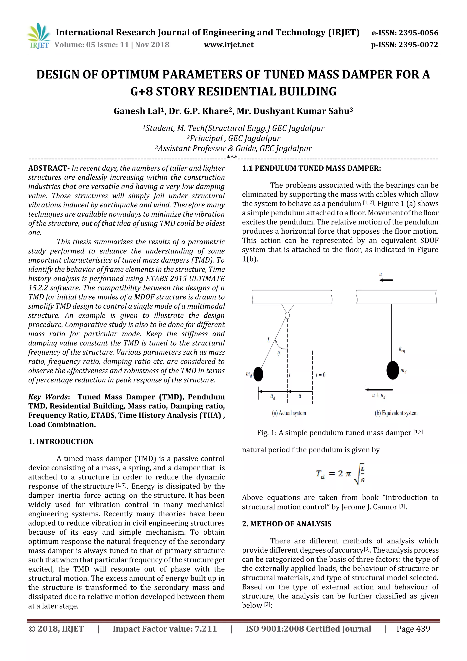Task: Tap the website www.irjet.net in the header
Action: pos(229,45)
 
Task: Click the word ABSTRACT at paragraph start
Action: pos(48,168)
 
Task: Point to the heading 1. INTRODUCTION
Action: pos(61,442)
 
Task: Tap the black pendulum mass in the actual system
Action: pos(258,374)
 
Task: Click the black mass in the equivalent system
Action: pos(392,370)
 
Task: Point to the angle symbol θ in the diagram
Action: pos(278,353)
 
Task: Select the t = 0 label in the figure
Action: pos(321,375)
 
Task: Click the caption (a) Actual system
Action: pos(289,413)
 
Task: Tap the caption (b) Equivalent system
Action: pos(396,413)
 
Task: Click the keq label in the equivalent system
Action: pos(402,350)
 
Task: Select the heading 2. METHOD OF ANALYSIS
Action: pos(287,524)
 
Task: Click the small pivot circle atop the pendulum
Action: pos(287,315)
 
